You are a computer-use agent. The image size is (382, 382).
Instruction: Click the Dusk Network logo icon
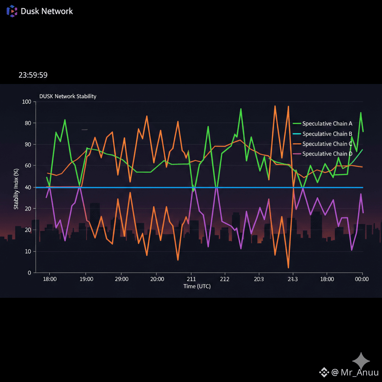12,11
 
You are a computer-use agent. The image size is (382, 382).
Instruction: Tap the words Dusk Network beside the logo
47,11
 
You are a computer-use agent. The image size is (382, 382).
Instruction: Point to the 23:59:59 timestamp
33,75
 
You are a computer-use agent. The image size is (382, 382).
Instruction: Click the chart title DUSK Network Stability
68,96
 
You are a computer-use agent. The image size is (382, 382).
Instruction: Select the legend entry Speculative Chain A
327,123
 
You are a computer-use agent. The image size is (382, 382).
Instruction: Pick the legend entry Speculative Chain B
327,134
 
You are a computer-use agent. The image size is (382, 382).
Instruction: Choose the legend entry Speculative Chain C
327,144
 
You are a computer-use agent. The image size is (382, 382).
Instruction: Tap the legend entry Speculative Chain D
327,154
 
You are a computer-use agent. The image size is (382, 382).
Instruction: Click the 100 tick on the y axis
27,102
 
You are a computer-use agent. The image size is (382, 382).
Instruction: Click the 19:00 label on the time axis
86,279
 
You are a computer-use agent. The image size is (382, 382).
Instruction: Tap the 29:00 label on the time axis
122,279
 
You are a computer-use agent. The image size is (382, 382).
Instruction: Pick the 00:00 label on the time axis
361,279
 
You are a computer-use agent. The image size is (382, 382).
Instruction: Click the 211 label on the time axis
191,279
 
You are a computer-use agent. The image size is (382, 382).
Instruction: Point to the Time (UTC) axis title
197,286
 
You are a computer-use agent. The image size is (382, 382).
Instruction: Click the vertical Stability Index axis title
16,189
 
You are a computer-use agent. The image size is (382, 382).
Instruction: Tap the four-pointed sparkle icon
361,361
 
